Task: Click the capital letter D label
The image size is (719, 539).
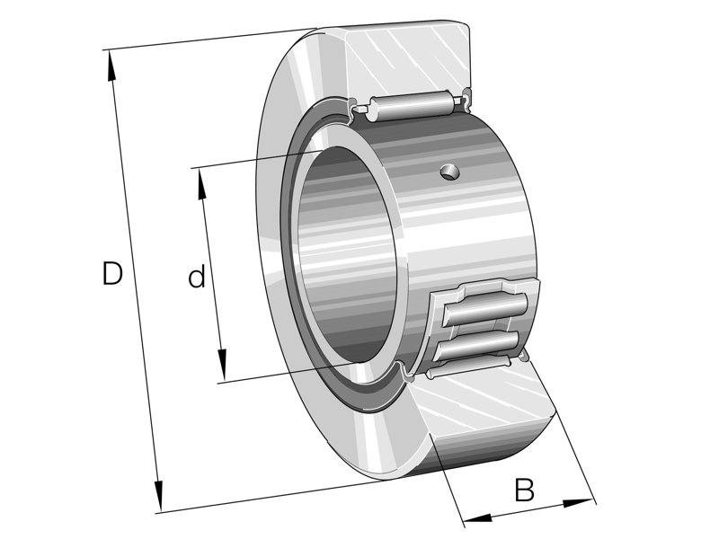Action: click(111, 274)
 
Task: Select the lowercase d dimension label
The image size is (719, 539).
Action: click(196, 278)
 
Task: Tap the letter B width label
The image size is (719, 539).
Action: click(524, 490)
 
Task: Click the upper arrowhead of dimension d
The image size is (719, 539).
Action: click(201, 177)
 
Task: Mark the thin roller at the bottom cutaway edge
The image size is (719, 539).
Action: click(467, 367)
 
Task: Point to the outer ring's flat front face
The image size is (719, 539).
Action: click(279, 269)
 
